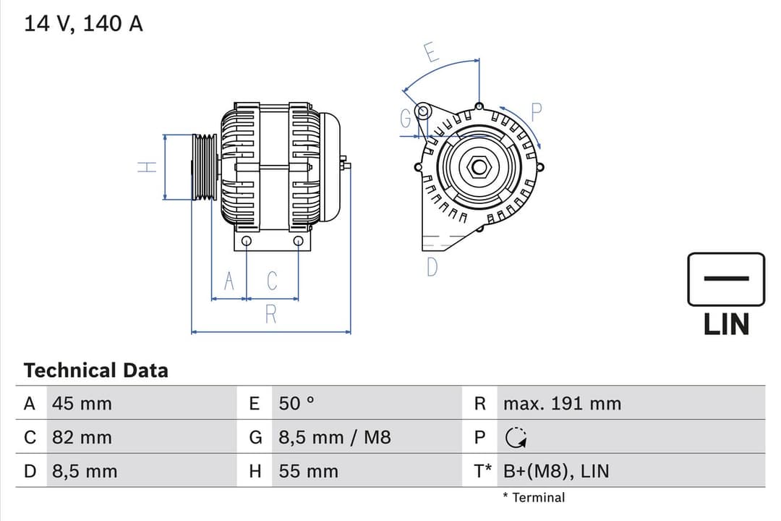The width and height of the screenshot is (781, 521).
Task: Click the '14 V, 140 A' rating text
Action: click(83, 24)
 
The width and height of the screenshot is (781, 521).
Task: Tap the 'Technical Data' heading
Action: click(95, 370)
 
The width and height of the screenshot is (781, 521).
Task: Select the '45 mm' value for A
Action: click(82, 404)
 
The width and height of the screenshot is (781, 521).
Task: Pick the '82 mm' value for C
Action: click(82, 438)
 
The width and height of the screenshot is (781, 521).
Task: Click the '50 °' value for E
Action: click(296, 404)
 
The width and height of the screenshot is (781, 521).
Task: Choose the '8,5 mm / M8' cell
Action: click(334, 438)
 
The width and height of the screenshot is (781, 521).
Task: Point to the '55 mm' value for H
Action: click(308, 472)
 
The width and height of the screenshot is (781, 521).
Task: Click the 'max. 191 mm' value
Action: click(562, 404)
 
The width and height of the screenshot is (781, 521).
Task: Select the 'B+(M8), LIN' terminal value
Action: click(556, 472)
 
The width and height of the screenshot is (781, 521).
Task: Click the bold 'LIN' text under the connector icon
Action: click(726, 324)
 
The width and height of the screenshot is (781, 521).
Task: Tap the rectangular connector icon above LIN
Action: click(725, 279)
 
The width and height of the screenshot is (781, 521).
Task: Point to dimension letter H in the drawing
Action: click(148, 167)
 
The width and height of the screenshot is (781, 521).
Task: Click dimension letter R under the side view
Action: click(271, 314)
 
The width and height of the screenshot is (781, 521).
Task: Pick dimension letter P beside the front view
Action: click(536, 112)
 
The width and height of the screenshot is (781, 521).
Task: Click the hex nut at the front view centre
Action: click(479, 167)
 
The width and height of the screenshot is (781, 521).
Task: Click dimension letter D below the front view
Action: click(432, 267)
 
